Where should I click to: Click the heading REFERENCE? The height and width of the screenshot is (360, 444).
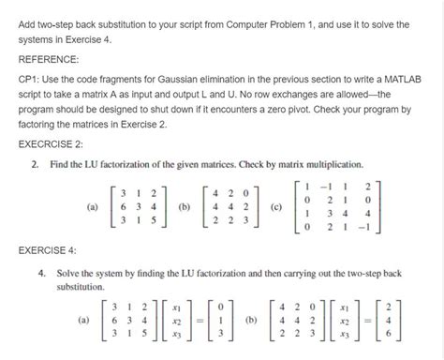(x=49, y=57)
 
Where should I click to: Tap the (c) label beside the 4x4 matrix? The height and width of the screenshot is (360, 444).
(x=274, y=206)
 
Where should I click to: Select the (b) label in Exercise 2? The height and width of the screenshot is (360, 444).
(x=185, y=206)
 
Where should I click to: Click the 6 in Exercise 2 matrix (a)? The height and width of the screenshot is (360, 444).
(x=114, y=206)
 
